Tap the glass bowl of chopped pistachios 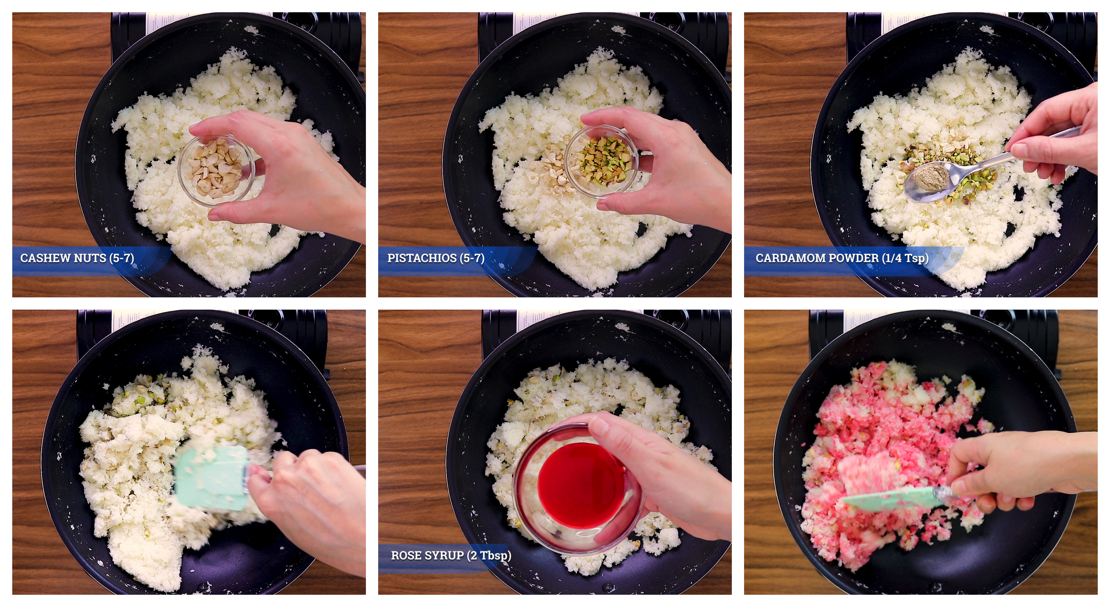602,162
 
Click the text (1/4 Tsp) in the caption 905,258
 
